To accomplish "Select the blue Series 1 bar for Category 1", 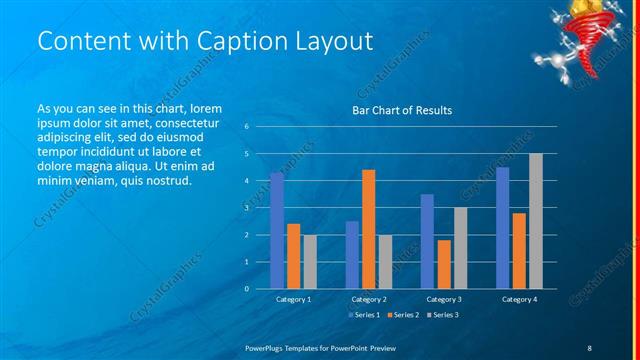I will (277, 231).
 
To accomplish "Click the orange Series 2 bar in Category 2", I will (368, 229).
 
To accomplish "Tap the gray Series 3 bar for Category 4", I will (535, 221).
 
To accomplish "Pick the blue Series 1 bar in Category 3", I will (427, 241).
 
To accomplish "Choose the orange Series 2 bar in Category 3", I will (443, 264).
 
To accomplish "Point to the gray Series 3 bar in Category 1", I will (310, 261).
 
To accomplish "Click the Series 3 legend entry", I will (443, 315).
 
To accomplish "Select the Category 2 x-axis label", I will (368, 299).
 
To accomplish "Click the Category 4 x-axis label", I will (518, 299).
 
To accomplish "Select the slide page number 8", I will (589, 345).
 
